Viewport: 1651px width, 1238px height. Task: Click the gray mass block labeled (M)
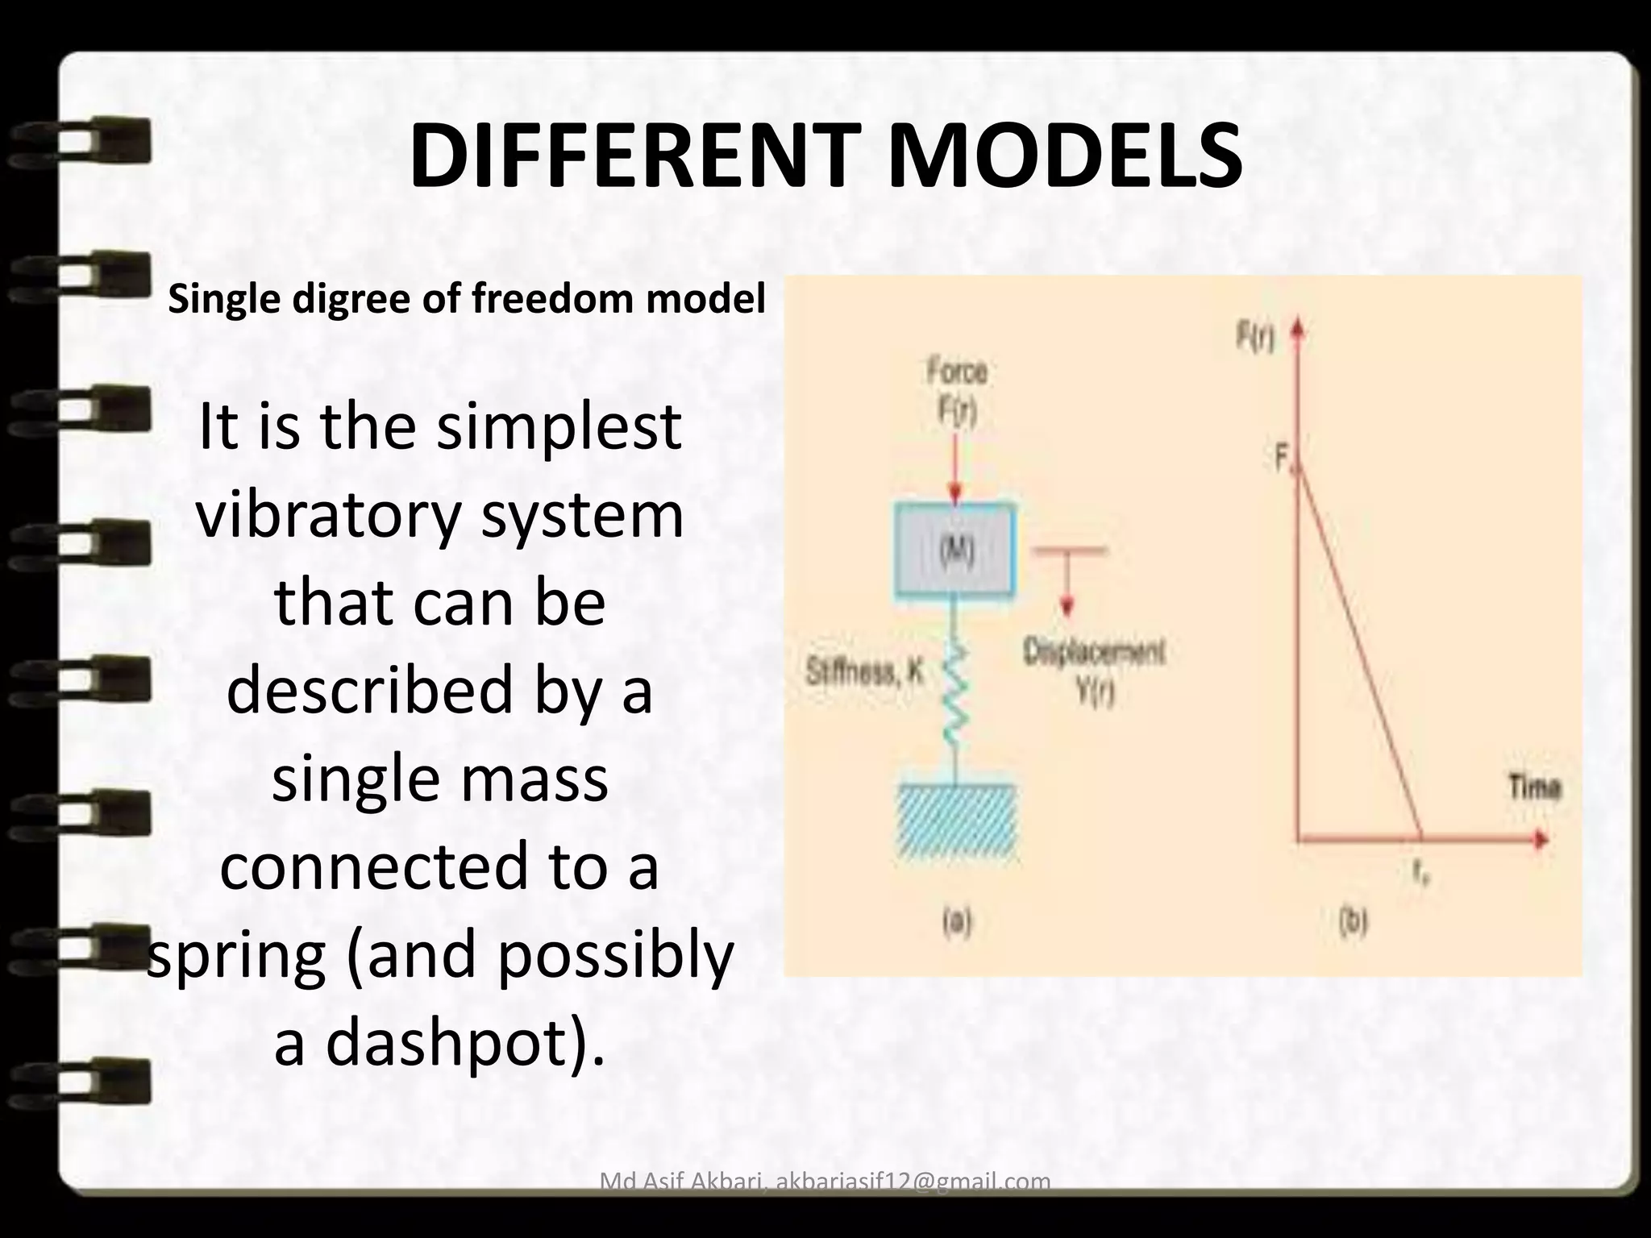(x=955, y=551)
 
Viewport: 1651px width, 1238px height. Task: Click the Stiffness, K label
(x=864, y=672)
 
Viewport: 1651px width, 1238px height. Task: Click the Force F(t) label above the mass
(x=957, y=392)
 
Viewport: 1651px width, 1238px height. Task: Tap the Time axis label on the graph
(x=1534, y=787)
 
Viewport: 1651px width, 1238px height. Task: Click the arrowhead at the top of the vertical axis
(x=1298, y=332)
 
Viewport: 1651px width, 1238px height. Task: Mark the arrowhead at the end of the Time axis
(x=1540, y=839)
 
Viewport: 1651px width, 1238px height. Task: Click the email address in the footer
(x=913, y=1182)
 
